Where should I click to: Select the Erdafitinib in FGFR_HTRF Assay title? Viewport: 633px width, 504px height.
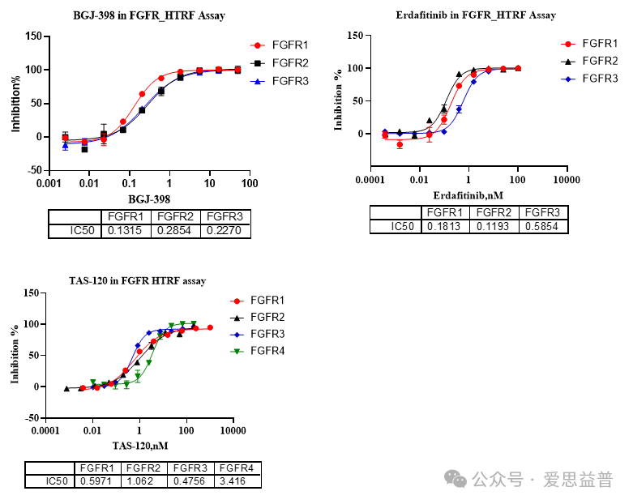(476, 15)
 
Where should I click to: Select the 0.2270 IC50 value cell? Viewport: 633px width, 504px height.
(226, 231)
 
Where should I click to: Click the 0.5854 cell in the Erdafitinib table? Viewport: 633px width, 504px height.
(543, 226)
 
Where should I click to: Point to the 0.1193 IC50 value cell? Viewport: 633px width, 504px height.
(494, 226)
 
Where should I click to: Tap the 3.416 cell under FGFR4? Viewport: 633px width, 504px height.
(238, 481)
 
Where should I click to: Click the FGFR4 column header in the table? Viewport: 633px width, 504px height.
(238, 468)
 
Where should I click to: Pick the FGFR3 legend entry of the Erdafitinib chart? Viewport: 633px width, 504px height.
(600, 78)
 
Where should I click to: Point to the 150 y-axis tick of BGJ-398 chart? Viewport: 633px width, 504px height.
(33, 36)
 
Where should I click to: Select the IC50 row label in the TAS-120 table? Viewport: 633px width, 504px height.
(49, 481)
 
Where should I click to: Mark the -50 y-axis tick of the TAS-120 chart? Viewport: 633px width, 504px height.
(32, 417)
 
